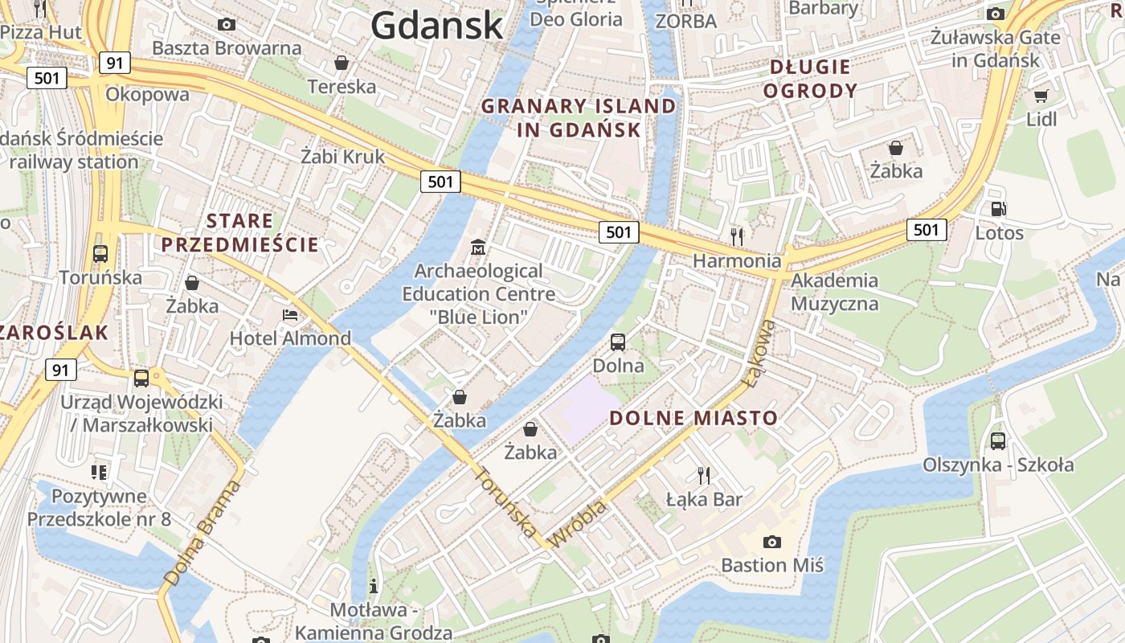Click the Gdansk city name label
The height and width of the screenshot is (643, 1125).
coord(436,26)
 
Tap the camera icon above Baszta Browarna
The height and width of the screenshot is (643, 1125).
coord(227,24)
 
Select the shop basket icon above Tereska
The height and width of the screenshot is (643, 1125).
coord(342,63)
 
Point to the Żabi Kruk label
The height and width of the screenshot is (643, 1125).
coord(342,156)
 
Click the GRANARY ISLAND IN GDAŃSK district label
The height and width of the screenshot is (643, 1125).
coord(579,117)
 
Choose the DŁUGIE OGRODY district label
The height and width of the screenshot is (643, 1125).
coord(810,79)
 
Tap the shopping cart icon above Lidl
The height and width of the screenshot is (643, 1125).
coord(1041,96)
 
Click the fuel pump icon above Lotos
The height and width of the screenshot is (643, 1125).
coord(999,209)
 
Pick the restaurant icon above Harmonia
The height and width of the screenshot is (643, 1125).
coord(736,236)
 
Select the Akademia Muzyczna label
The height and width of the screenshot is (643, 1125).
coord(835,292)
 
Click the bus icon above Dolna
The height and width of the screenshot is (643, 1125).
coord(618,342)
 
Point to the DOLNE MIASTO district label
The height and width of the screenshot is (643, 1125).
coord(693,418)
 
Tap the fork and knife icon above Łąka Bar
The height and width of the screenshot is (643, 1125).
coord(704,475)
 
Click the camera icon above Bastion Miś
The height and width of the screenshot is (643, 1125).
coord(771,542)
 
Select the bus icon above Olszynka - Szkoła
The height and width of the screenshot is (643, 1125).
coord(998,440)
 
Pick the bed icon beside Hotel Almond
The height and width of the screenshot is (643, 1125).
coord(290,315)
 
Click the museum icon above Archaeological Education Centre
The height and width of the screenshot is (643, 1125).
coord(479,247)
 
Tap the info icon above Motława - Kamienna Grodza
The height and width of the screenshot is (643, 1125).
coord(373,586)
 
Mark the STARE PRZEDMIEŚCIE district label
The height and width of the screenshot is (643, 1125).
coord(239,232)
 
